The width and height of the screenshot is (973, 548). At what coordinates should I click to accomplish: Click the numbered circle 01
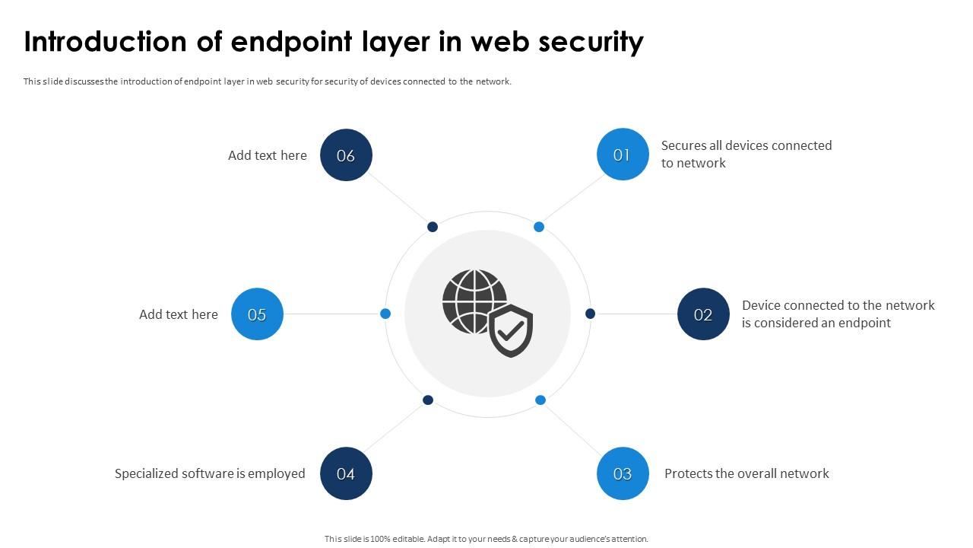coord(623,155)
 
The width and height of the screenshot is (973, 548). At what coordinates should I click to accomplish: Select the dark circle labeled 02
coord(703,314)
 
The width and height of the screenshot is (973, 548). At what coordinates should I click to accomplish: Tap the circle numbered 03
coord(623,473)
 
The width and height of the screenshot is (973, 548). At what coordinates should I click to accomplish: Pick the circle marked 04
coord(346,473)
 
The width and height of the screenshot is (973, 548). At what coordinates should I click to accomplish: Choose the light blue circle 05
coord(257,314)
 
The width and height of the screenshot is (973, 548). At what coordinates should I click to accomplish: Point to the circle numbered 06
coord(346,155)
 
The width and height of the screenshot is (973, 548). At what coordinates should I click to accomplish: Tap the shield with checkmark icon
coord(511,331)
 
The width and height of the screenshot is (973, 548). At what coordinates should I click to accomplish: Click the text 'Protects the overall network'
coord(746,473)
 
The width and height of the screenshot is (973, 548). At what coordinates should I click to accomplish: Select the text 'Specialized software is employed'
coord(210,473)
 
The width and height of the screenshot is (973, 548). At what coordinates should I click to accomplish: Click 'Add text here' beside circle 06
coord(268,155)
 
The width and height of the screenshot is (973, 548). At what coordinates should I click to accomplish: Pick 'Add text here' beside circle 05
coord(179,314)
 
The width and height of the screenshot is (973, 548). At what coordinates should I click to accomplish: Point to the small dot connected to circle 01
coord(539,227)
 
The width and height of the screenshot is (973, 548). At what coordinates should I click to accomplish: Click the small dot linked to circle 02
coord(590,314)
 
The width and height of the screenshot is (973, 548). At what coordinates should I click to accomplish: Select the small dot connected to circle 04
coord(428,400)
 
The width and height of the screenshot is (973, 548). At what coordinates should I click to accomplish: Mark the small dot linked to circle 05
coord(385,314)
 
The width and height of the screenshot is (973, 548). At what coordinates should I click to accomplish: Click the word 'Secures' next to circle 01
coord(684,145)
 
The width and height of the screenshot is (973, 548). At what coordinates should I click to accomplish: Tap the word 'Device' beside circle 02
coord(761,305)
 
